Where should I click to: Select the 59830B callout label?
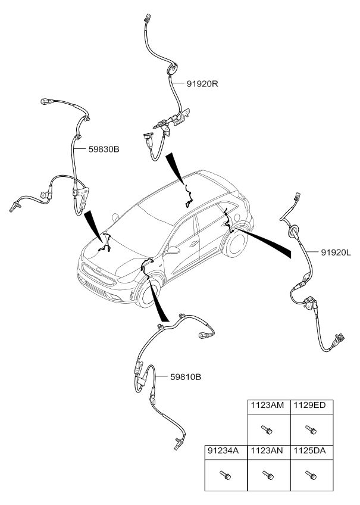click(x=104, y=149)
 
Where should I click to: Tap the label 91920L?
click(x=337, y=253)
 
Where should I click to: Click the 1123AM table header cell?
click(x=267, y=405)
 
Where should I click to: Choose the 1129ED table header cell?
click(x=311, y=405)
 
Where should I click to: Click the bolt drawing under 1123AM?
click(x=267, y=428)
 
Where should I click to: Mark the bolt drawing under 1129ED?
click(x=310, y=428)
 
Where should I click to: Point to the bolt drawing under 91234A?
click(x=224, y=474)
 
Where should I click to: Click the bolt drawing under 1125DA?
click(x=310, y=474)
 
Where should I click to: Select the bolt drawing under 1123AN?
click(x=267, y=474)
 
